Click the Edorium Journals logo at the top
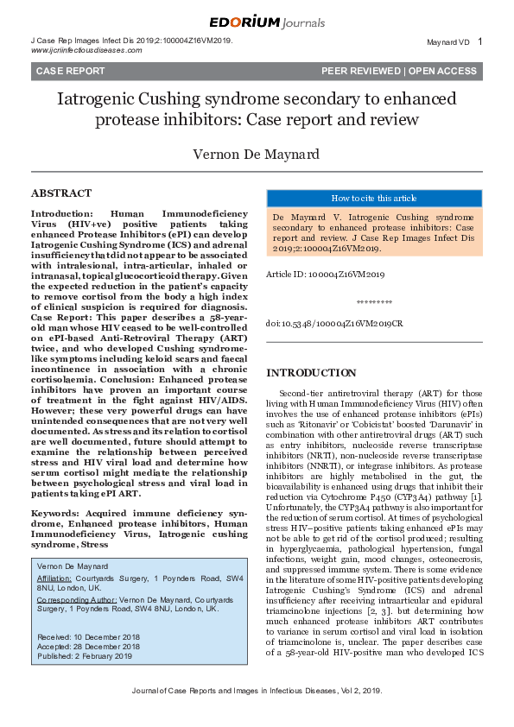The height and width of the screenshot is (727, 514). pos(257,22)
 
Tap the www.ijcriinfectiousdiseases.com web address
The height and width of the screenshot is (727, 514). pos(86,50)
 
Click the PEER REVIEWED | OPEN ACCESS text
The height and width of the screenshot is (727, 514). pos(398,71)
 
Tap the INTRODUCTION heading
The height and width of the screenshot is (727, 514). pos(311,373)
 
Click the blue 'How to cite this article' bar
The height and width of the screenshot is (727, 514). pos(373,198)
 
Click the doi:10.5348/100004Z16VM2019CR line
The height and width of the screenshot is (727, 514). pos(333,322)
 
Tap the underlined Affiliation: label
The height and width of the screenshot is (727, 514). pos(54,578)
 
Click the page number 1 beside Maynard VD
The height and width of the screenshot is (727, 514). pos(480,41)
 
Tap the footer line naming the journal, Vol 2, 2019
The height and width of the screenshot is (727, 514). pos(257,716)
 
